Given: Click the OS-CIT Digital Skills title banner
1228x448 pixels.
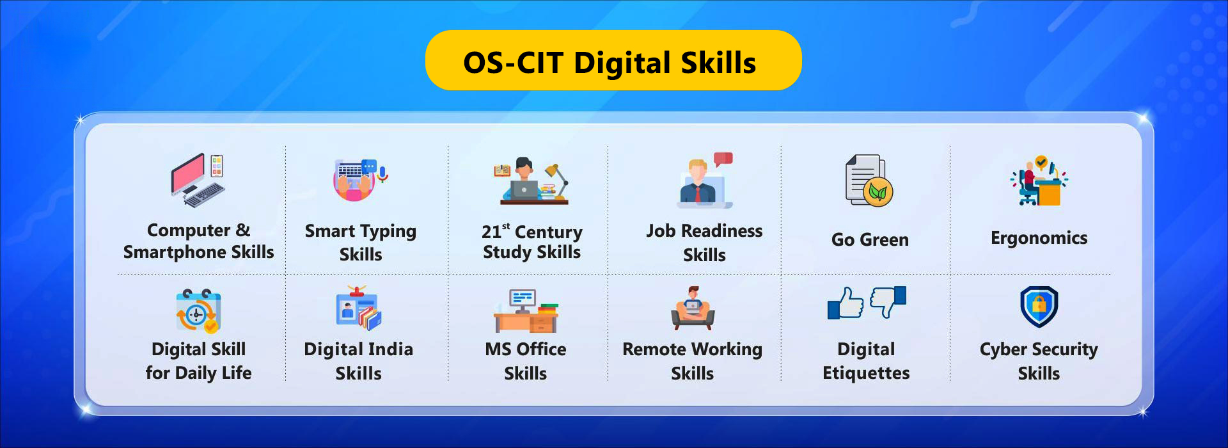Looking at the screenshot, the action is coord(613,60).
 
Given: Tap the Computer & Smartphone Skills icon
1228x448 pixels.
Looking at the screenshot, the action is coord(198,180).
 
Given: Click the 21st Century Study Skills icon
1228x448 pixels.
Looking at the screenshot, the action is coord(531,180).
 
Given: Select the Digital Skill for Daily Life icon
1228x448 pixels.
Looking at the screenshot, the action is coord(198,311).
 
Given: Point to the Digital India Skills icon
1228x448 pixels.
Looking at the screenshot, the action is coord(359,308).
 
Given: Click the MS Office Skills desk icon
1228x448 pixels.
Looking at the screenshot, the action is coord(526,310).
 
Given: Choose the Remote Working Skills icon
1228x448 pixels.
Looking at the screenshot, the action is coord(693,308).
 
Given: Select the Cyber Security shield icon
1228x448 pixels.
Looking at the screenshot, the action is coord(1039,307).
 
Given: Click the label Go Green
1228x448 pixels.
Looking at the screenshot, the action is coord(870,239).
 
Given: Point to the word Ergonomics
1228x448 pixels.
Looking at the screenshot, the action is coord(1039,238).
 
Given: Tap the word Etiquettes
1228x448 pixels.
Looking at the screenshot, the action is coord(866,373).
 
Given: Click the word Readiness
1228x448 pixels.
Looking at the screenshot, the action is coord(721,230).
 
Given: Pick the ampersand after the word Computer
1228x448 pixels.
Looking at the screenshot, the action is coord(243,230).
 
